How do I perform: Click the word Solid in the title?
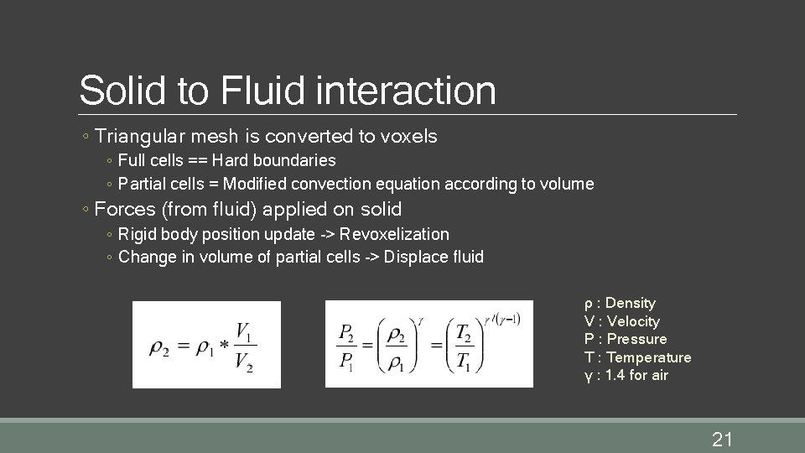[x=122, y=91]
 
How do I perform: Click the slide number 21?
[x=722, y=438]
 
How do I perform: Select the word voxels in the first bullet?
[x=409, y=135]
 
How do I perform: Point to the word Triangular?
[x=134, y=135]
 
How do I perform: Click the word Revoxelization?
[x=394, y=234]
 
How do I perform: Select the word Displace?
[x=413, y=257]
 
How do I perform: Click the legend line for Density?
[x=620, y=303]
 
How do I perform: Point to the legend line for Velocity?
[x=621, y=321]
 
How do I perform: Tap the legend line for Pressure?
[x=626, y=339]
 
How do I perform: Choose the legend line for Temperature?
[x=637, y=357]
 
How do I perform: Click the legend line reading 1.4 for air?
[x=626, y=375]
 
